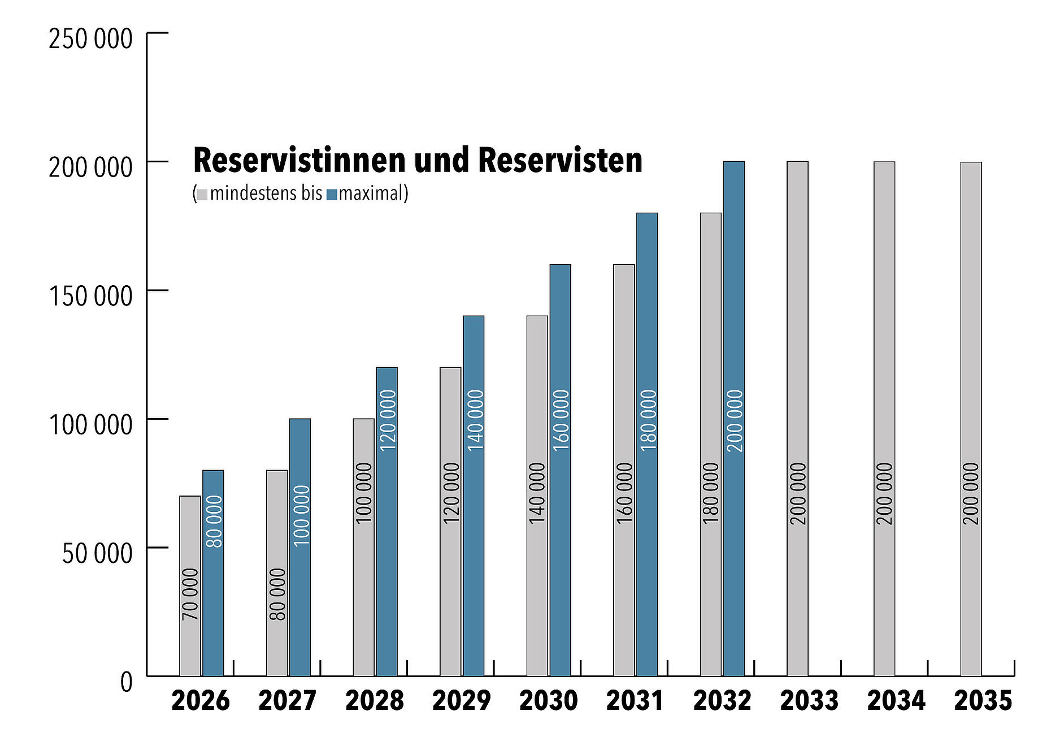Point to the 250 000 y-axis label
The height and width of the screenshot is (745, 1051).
point(90,39)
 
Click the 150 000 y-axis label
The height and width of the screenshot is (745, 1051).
point(90,296)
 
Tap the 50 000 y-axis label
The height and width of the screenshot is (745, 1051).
point(97,553)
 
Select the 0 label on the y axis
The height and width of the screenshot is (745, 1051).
point(127,682)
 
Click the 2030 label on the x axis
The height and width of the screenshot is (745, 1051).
point(548,701)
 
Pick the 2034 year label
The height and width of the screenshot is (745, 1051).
point(896,701)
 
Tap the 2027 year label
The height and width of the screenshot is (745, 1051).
point(287,701)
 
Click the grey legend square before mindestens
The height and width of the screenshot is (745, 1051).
point(202,195)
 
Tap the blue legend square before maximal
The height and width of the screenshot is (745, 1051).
point(332,195)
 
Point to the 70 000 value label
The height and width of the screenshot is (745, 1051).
point(190,594)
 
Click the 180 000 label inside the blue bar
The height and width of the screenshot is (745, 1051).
point(648,420)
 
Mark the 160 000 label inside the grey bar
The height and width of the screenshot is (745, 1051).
point(624,493)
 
